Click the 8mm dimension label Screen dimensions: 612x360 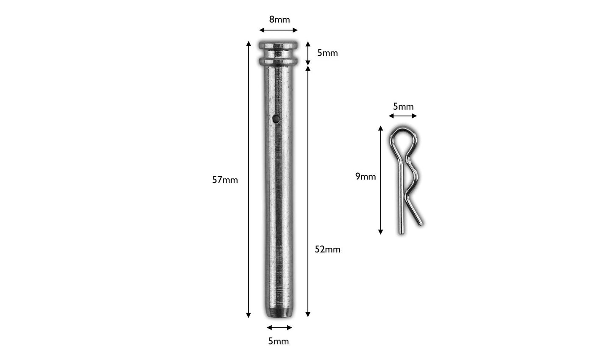[x=280, y=19]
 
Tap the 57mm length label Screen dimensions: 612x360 [x=225, y=180]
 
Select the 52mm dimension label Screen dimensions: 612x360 [x=327, y=249]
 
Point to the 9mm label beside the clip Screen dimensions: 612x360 [x=366, y=177]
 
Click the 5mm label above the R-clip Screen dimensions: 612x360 [x=403, y=107]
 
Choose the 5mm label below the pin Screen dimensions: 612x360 [x=278, y=341]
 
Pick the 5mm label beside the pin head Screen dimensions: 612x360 [x=327, y=53]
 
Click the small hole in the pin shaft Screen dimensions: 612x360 [x=276, y=119]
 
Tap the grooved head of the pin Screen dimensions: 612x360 [x=278, y=53]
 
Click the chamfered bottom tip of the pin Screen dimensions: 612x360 [x=279, y=313]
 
